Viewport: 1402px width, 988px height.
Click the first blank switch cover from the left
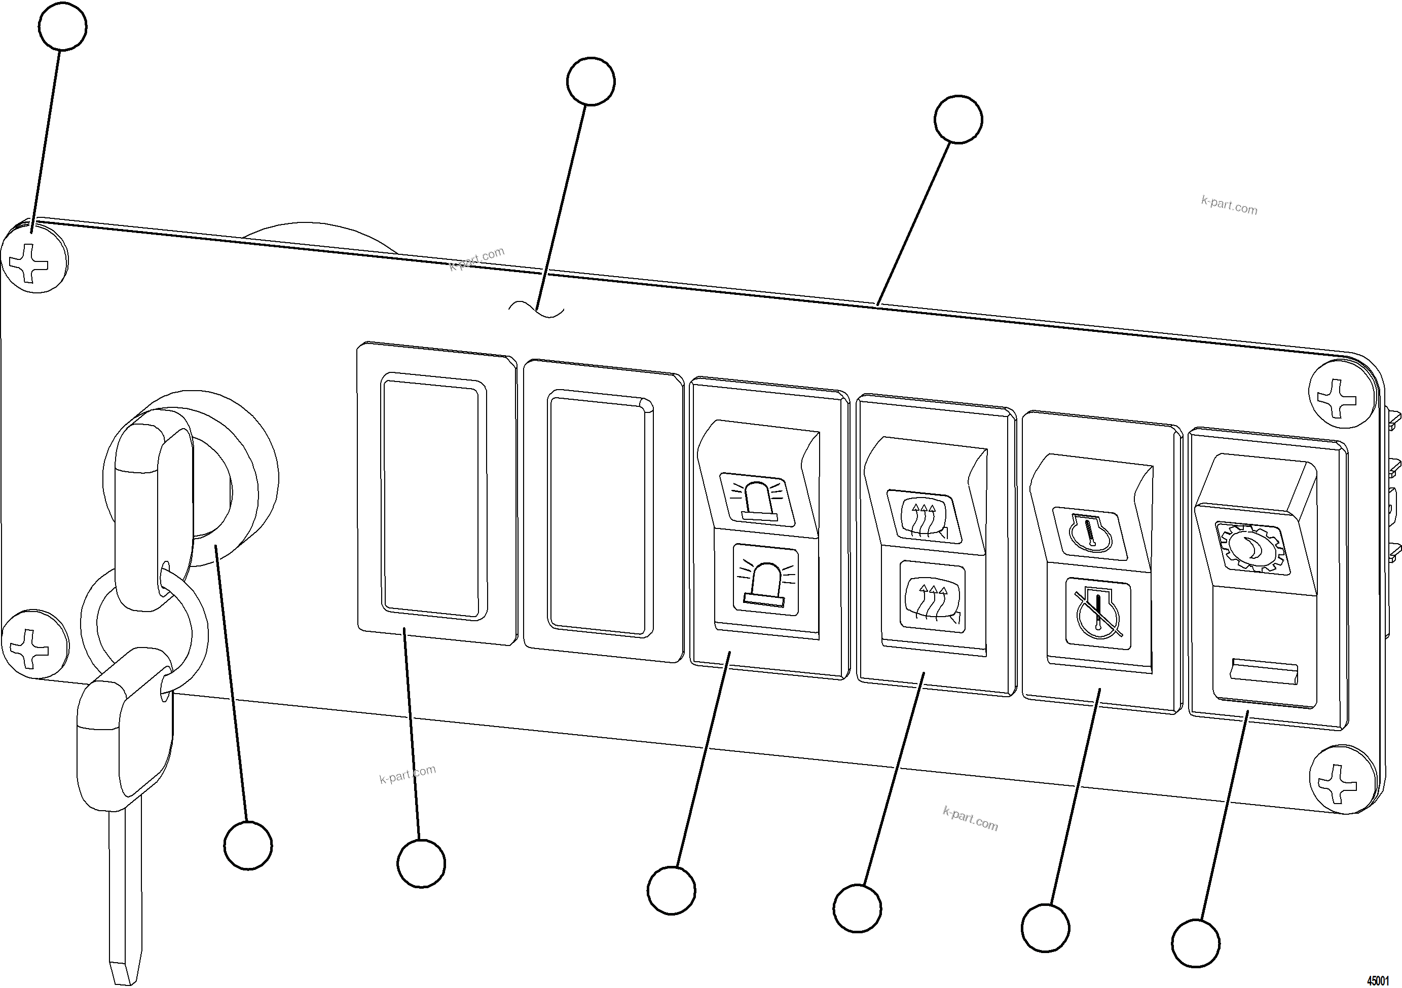tap(433, 498)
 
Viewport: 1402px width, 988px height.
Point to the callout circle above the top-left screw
tap(62, 26)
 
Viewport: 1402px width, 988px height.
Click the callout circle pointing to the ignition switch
tap(247, 845)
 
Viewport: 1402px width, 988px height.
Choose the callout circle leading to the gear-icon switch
tap(1196, 943)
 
